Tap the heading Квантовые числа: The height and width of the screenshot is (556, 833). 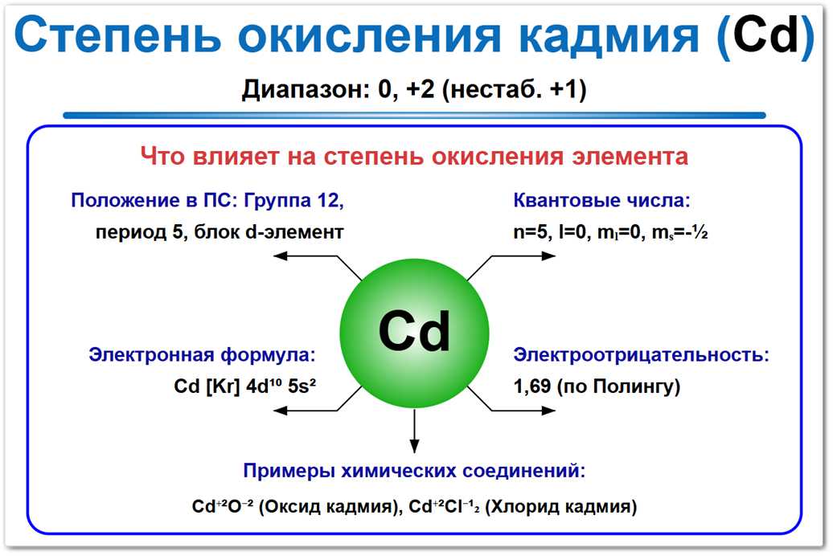601,200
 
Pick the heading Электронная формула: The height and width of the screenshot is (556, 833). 202,354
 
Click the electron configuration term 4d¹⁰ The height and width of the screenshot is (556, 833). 261,386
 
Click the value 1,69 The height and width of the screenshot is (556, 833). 531,386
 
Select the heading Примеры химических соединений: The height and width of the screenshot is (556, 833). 413,471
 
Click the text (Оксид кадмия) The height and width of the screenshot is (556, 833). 330,507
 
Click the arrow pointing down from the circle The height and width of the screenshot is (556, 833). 414,430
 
